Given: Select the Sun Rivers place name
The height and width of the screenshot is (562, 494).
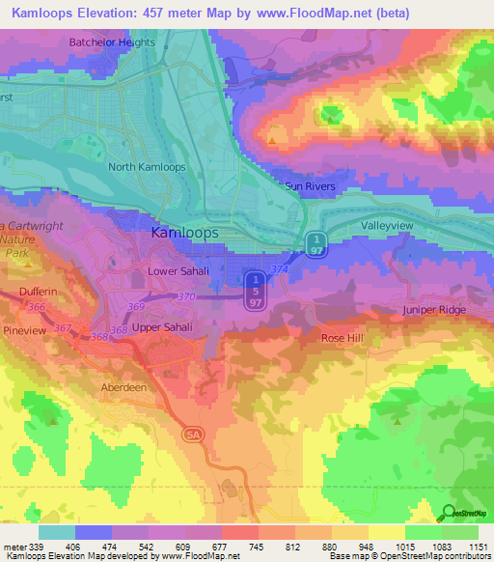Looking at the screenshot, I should click(x=309, y=185).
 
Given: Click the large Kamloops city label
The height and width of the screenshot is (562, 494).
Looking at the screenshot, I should click(x=185, y=234).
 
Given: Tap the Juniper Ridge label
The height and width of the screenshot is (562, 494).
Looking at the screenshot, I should click(x=434, y=310).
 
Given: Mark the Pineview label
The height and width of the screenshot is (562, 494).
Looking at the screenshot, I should click(x=24, y=329).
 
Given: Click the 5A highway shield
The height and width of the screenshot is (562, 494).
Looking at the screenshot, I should click(x=191, y=436).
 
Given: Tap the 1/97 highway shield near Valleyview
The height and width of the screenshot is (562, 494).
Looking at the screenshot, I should click(x=315, y=244).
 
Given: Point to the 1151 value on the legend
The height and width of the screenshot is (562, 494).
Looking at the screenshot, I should click(x=478, y=547).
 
